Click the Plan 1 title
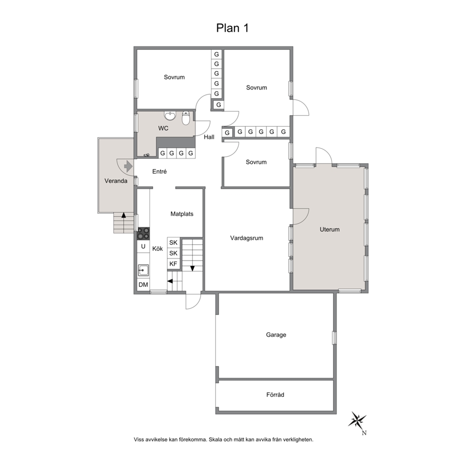(x=232, y=28)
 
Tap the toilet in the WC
(x=186, y=118)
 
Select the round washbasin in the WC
(x=170, y=116)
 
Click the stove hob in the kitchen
(x=143, y=233)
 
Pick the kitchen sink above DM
(x=143, y=271)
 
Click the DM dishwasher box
(x=143, y=285)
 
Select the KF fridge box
(x=173, y=264)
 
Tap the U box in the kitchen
(x=143, y=246)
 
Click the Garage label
(x=276, y=335)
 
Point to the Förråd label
(x=275, y=395)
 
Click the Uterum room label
(x=330, y=229)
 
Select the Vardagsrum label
(x=247, y=238)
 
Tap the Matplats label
(x=182, y=214)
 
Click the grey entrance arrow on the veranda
(x=128, y=166)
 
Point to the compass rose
(x=357, y=420)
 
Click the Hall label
(x=209, y=137)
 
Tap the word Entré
(x=159, y=171)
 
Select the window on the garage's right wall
(x=334, y=338)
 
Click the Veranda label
(x=116, y=181)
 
